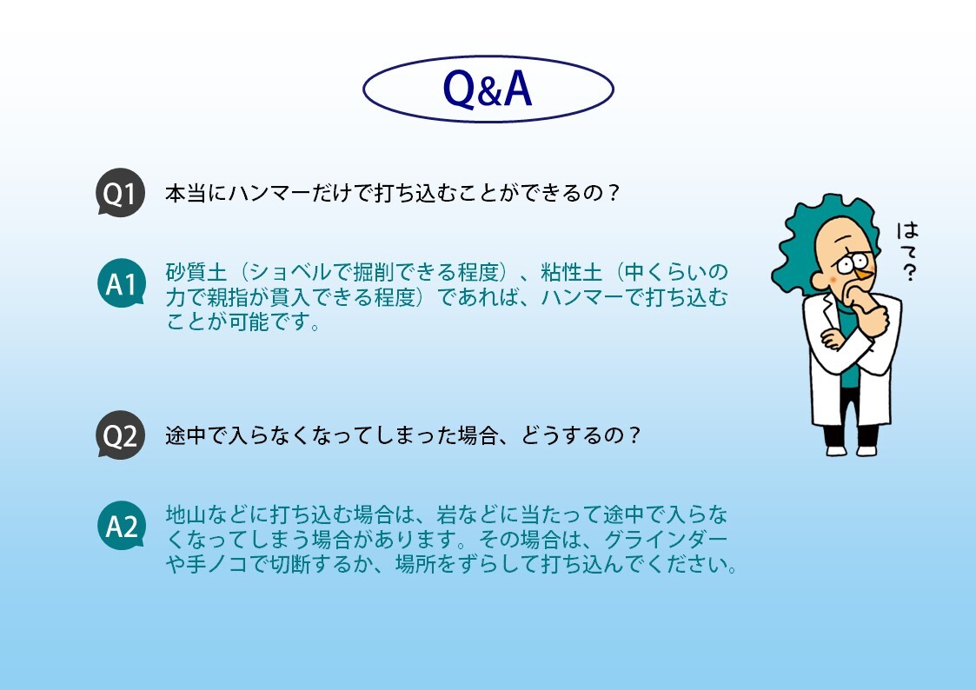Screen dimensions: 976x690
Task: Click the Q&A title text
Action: coord(488,89)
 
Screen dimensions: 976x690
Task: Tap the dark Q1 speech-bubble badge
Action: coord(120,192)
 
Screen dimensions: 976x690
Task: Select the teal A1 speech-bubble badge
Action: coord(122,283)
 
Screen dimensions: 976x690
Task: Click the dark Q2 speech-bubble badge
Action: coord(120,435)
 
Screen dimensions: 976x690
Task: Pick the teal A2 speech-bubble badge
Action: coord(122,527)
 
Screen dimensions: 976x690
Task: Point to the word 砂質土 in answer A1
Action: coord(196,273)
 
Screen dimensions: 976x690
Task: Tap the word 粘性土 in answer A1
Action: coord(571,273)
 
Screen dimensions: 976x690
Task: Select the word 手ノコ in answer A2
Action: coord(217,564)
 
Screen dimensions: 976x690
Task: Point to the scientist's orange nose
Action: coord(862,274)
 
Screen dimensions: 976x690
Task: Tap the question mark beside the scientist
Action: coord(909,272)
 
